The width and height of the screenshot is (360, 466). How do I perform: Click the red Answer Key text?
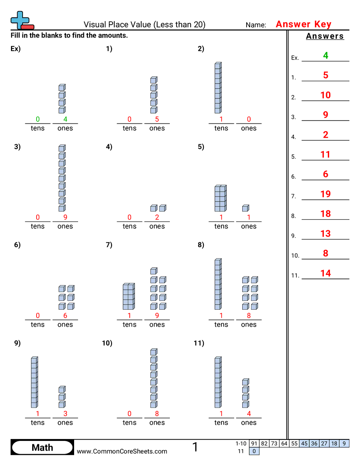click(303, 24)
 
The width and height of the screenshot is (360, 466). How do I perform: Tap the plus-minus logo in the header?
click(21, 21)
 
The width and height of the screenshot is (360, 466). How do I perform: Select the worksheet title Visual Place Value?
click(144, 25)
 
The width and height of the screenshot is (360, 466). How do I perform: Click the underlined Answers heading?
click(325, 36)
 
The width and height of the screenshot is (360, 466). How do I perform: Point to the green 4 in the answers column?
click(326, 56)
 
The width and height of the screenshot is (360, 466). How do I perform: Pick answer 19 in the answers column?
click(326, 194)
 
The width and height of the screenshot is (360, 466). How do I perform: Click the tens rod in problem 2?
click(218, 88)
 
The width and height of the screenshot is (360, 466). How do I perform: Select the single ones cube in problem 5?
click(245, 208)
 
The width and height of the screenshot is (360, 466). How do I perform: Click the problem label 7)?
click(109, 245)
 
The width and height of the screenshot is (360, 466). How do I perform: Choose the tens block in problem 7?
click(128, 297)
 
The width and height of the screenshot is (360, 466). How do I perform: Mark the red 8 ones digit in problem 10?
click(157, 413)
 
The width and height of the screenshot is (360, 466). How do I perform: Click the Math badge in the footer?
click(42, 447)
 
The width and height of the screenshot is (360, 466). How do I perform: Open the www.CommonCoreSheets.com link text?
click(122, 451)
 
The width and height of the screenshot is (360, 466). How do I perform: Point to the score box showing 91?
click(254, 443)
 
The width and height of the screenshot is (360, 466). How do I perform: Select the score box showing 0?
click(254, 451)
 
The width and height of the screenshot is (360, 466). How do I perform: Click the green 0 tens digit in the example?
click(37, 119)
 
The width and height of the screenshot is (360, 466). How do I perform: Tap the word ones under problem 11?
click(249, 423)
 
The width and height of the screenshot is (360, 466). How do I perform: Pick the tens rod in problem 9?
click(34, 383)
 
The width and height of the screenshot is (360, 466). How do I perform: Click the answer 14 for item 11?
click(326, 273)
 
